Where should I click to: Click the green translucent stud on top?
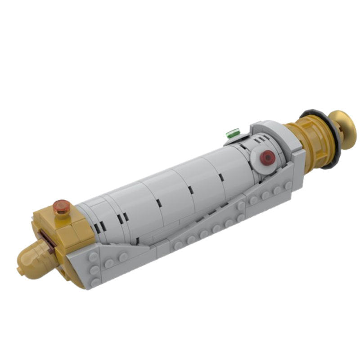coord(233,133)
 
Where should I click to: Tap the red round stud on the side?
coord(268,157)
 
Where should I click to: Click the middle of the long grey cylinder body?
coord(171,189)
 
